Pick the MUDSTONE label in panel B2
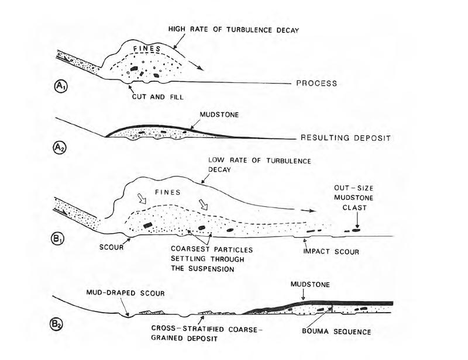[310, 285]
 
